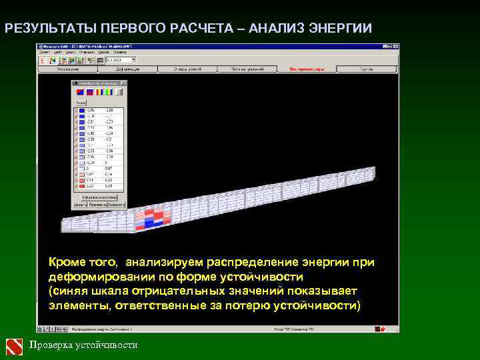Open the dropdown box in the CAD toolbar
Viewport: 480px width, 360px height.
(x=117, y=60)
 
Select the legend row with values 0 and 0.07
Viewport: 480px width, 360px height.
(x=97, y=168)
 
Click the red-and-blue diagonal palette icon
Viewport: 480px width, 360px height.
(x=78, y=91)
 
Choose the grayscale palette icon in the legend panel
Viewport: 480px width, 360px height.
(x=119, y=91)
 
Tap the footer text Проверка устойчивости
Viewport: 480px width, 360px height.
(x=84, y=345)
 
